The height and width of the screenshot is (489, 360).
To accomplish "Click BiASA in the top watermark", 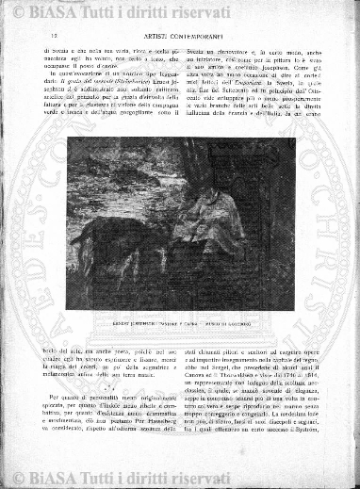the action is [44, 9].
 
